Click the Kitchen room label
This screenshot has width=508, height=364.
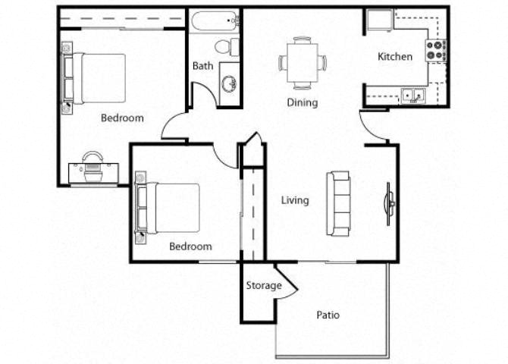click(395, 57)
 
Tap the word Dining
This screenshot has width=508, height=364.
click(303, 102)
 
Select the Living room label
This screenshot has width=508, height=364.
click(295, 200)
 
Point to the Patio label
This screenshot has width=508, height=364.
click(328, 315)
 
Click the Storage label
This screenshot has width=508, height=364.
click(264, 286)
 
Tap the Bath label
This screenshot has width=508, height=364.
click(202, 66)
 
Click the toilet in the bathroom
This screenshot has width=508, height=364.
click(227, 47)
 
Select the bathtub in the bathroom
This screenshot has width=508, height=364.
click(214, 21)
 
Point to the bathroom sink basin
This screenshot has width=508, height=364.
click(230, 84)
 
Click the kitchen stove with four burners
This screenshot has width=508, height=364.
click(436, 51)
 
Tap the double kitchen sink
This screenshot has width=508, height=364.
click(413, 96)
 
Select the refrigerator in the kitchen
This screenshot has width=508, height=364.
click(380, 20)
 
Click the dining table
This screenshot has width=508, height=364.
click(303, 62)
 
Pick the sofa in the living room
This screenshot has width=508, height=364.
click(339, 203)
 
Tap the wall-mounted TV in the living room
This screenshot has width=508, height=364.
click(390, 203)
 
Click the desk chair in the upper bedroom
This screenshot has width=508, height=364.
click(93, 166)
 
